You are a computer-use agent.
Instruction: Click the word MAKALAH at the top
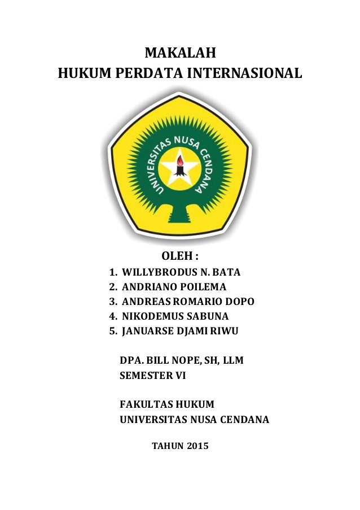(180, 54)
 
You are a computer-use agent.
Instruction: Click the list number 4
(112, 315)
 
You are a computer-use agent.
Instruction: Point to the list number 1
(112, 272)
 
